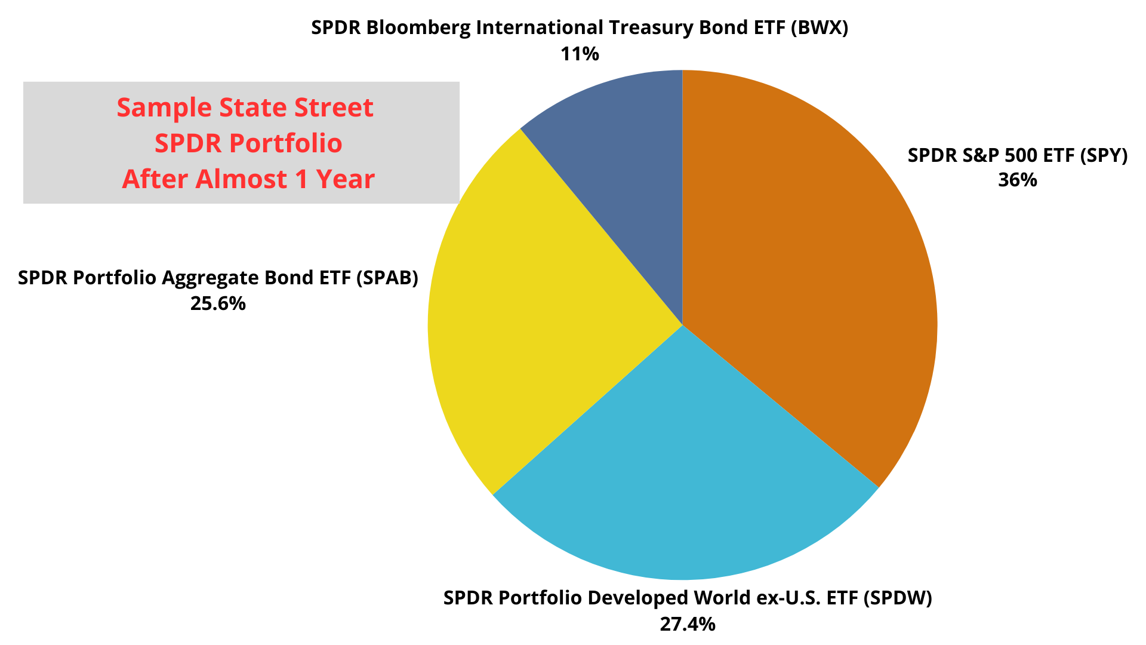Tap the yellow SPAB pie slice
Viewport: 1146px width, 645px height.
pyautogui.click(x=537, y=317)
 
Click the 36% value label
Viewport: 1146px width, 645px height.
pyautogui.click(x=1018, y=180)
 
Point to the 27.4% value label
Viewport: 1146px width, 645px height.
pyautogui.click(x=688, y=624)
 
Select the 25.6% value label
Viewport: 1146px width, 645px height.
pyautogui.click(x=218, y=303)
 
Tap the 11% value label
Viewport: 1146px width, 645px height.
pyautogui.click(x=580, y=54)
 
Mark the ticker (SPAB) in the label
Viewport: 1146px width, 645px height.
pyautogui.click(x=386, y=278)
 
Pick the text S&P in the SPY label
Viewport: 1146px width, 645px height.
pyautogui.click(x=981, y=155)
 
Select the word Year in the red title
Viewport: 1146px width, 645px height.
pyautogui.click(x=346, y=179)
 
